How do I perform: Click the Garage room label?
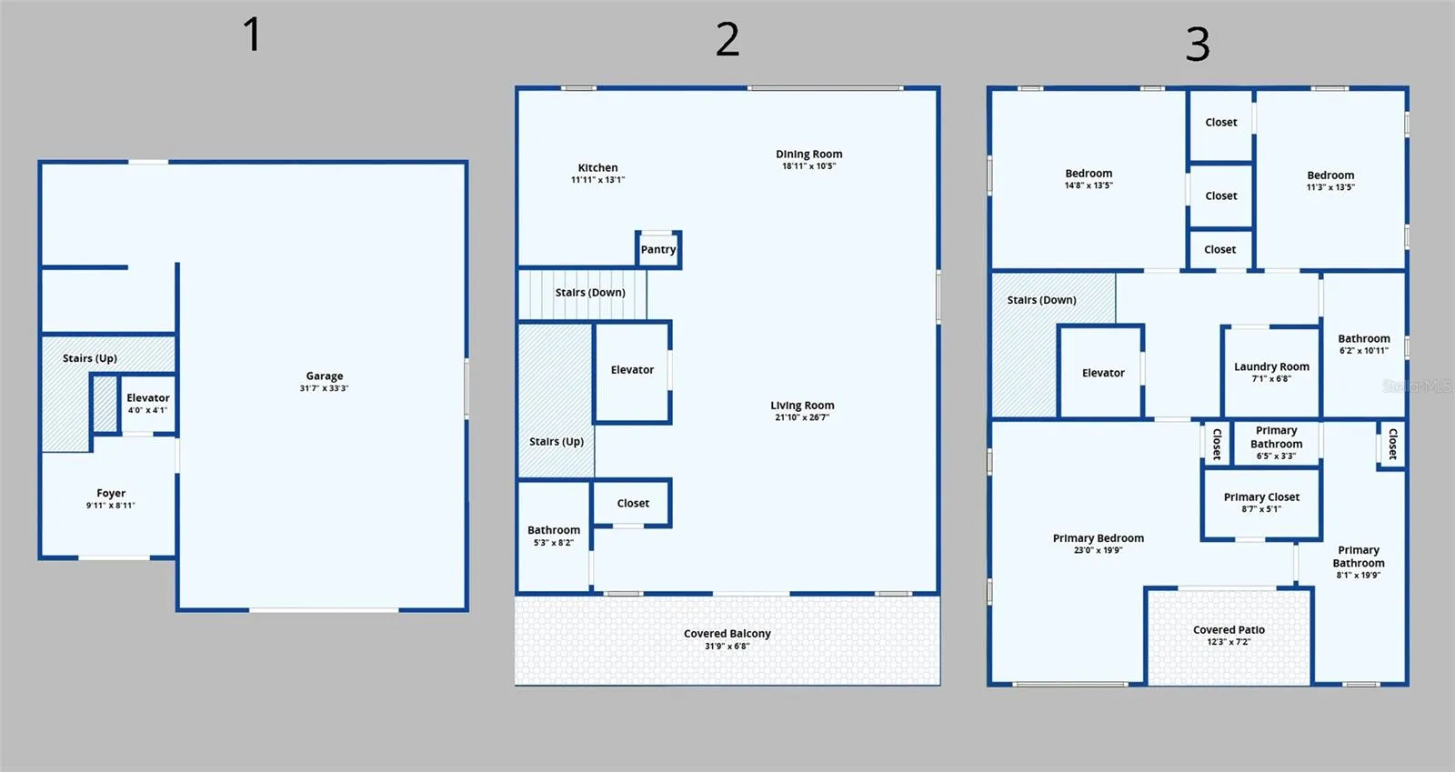click(x=324, y=376)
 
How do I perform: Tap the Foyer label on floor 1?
click(x=111, y=493)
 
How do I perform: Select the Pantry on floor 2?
click(x=658, y=249)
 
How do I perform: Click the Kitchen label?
click(x=597, y=167)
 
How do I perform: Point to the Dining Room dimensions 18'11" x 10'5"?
click(x=808, y=166)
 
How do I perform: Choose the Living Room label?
click(x=802, y=406)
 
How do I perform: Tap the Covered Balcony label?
click(x=727, y=634)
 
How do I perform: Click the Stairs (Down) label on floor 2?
click(x=590, y=293)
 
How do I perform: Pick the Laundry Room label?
click(x=1272, y=366)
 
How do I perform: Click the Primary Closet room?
click(x=1261, y=503)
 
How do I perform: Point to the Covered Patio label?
click(x=1229, y=630)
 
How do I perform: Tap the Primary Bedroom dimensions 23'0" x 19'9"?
click(x=1099, y=550)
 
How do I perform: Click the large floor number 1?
click(x=253, y=35)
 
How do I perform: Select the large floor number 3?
click(x=1198, y=45)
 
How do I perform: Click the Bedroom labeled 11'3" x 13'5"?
click(x=1331, y=175)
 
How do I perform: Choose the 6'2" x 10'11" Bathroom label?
click(x=1364, y=339)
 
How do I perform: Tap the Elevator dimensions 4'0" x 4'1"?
click(x=147, y=410)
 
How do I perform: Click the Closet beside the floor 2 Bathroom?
click(x=633, y=503)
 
